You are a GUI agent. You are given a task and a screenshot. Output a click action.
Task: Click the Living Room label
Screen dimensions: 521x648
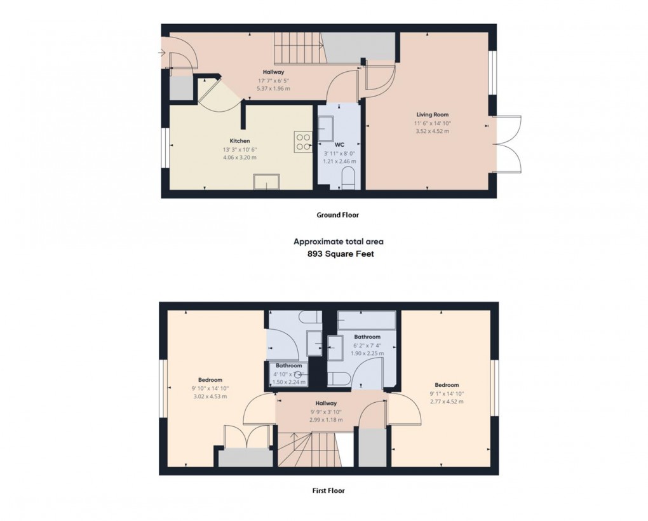pos(433,115)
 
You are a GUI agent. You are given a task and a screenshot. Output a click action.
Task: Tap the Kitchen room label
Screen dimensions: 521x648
pos(240,141)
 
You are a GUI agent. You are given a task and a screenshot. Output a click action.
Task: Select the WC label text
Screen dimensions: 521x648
pos(339,145)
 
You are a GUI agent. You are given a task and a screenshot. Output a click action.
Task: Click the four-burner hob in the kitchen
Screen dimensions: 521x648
pos(302,142)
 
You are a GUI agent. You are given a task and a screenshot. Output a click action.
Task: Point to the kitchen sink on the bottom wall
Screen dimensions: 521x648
pos(266,182)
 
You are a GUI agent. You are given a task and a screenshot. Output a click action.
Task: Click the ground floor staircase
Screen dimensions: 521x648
pos(298,47)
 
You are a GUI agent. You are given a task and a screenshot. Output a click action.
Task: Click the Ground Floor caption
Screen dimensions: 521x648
pos(338,215)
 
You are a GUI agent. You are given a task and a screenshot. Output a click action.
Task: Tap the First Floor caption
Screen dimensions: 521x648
pos(329,491)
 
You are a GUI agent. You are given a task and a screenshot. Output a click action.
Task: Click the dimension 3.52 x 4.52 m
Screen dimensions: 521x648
pos(433,132)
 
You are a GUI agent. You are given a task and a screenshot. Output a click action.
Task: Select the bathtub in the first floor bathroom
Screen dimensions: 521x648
pos(366,319)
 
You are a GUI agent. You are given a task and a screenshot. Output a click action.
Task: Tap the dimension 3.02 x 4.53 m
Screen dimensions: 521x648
pos(209,396)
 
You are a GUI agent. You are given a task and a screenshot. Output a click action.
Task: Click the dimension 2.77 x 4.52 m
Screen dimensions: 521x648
pos(447,401)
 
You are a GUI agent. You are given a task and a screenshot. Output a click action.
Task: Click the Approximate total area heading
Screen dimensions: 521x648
pos(338,241)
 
